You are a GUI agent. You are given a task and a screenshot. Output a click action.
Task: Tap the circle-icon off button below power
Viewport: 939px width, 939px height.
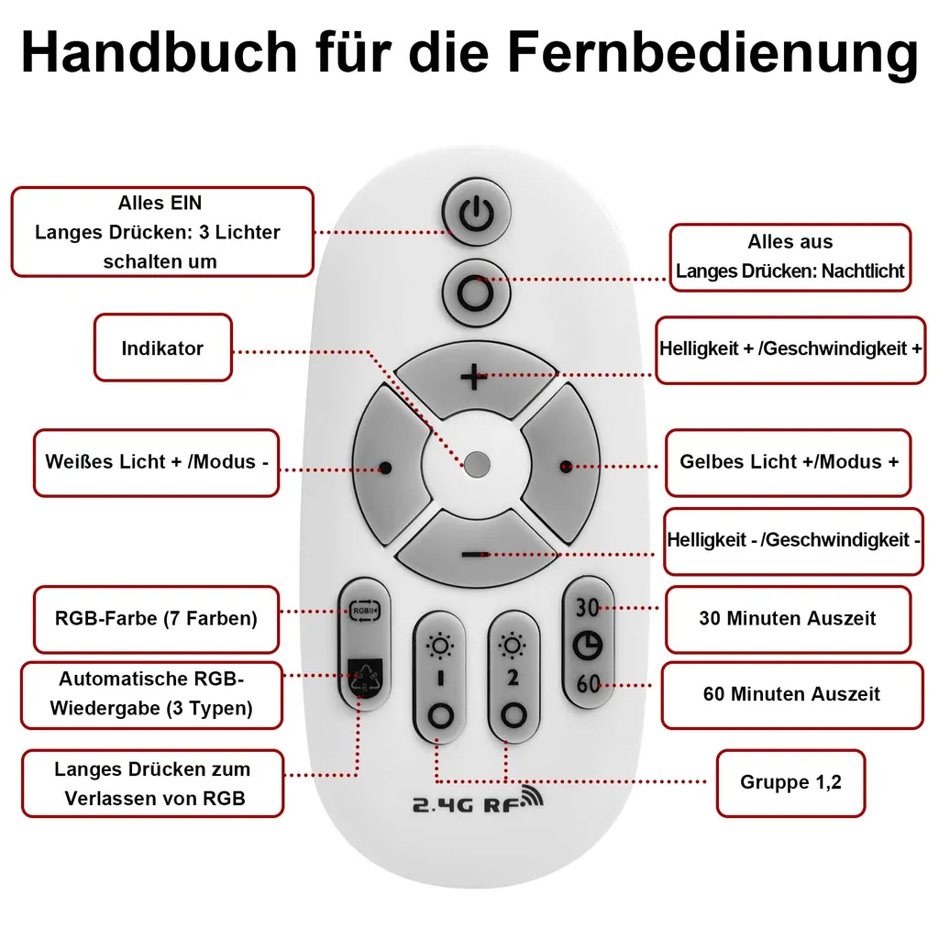[475, 293]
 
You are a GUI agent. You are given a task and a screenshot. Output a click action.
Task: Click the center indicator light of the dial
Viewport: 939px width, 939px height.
[476, 463]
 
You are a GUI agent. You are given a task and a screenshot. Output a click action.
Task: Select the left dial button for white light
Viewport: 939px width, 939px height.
[386, 466]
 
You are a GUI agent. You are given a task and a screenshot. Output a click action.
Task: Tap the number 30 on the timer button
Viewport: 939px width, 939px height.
[588, 607]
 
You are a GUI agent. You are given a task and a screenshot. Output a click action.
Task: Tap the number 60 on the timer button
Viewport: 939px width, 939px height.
[588, 683]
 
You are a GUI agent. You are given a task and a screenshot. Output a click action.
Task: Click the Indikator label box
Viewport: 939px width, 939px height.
[163, 348]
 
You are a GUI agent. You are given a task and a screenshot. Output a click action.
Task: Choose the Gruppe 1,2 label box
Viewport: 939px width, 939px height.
[790, 782]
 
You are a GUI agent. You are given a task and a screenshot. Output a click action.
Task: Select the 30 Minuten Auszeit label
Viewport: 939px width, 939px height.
[787, 619]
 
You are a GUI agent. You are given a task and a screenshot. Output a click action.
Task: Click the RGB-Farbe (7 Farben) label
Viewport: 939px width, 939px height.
[156, 619]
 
